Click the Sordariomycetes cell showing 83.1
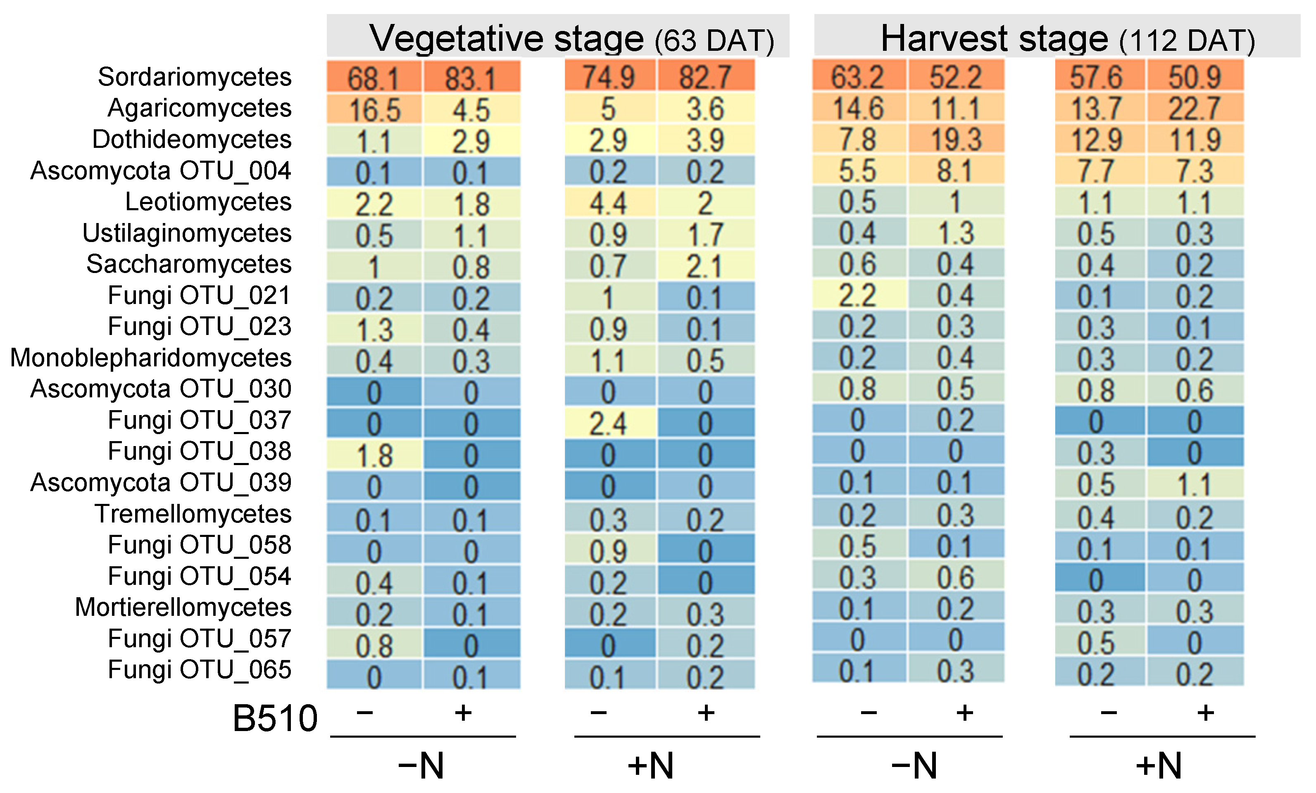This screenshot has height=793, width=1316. pyautogui.click(x=471, y=77)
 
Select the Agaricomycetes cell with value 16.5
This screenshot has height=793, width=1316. pyautogui.click(x=374, y=109)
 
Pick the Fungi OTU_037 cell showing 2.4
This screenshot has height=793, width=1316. pyautogui.click(x=609, y=423)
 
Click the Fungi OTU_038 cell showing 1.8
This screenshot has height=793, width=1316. pyautogui.click(x=374, y=454)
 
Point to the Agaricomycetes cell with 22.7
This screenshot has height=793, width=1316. pyautogui.click(x=1195, y=108)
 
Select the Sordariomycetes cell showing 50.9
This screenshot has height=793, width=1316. pyautogui.click(x=1195, y=77)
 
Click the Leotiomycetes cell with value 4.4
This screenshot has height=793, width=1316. pyautogui.click(x=609, y=202)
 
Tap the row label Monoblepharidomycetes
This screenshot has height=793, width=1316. pyautogui.click(x=151, y=358)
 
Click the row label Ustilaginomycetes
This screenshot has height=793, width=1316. pyautogui.click(x=187, y=233)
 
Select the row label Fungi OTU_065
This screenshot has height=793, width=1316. pyautogui.click(x=199, y=670)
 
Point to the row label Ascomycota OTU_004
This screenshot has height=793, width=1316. pyautogui.click(x=160, y=171)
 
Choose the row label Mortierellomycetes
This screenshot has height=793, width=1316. pyautogui.click(x=183, y=607)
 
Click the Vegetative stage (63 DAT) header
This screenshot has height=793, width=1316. pyautogui.click(x=558, y=38)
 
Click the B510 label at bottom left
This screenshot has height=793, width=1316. pyautogui.click(x=275, y=718)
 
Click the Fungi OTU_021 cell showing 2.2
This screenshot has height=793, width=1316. pyautogui.click(x=858, y=295)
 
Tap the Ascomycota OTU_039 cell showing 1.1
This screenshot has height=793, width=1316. pyautogui.click(x=1195, y=484)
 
